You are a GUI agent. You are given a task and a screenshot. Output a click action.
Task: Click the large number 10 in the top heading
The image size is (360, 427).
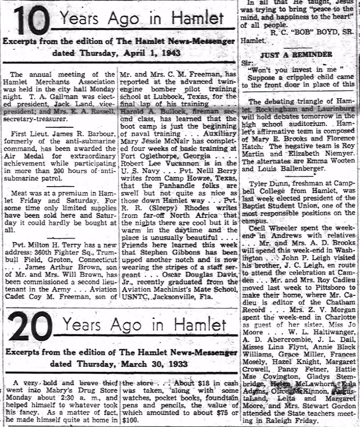pos(29,20)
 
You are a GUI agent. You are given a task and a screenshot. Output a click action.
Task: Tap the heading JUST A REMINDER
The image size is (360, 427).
pos(302,54)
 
